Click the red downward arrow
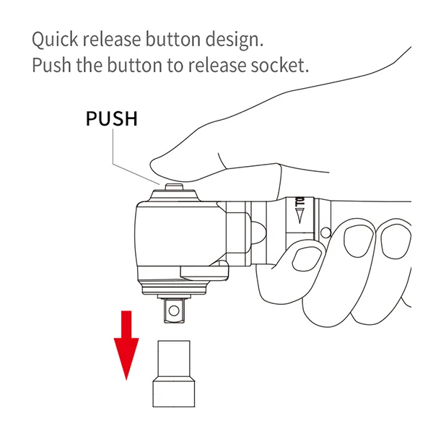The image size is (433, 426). (x=126, y=345)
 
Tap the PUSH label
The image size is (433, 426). (x=112, y=119)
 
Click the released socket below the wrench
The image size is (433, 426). (x=174, y=374)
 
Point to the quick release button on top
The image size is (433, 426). (x=174, y=187)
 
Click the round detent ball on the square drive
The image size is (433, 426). (x=174, y=310)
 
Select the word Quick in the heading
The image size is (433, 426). (x=55, y=40)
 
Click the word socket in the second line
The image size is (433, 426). (x=279, y=66)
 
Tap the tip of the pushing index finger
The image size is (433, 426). (x=152, y=165)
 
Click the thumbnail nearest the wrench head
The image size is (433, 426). (x=306, y=258)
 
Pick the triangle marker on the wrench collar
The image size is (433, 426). (x=300, y=216)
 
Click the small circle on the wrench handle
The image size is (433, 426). (x=326, y=232)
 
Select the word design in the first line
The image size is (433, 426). (x=234, y=40)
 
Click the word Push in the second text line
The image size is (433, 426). (x=52, y=65)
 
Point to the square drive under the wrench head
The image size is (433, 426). (x=174, y=310)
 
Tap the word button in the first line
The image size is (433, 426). (x=173, y=39)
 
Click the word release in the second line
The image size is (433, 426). (x=217, y=66)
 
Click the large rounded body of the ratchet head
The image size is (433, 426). (x=181, y=235)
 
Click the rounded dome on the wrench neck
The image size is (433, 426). (x=258, y=232)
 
